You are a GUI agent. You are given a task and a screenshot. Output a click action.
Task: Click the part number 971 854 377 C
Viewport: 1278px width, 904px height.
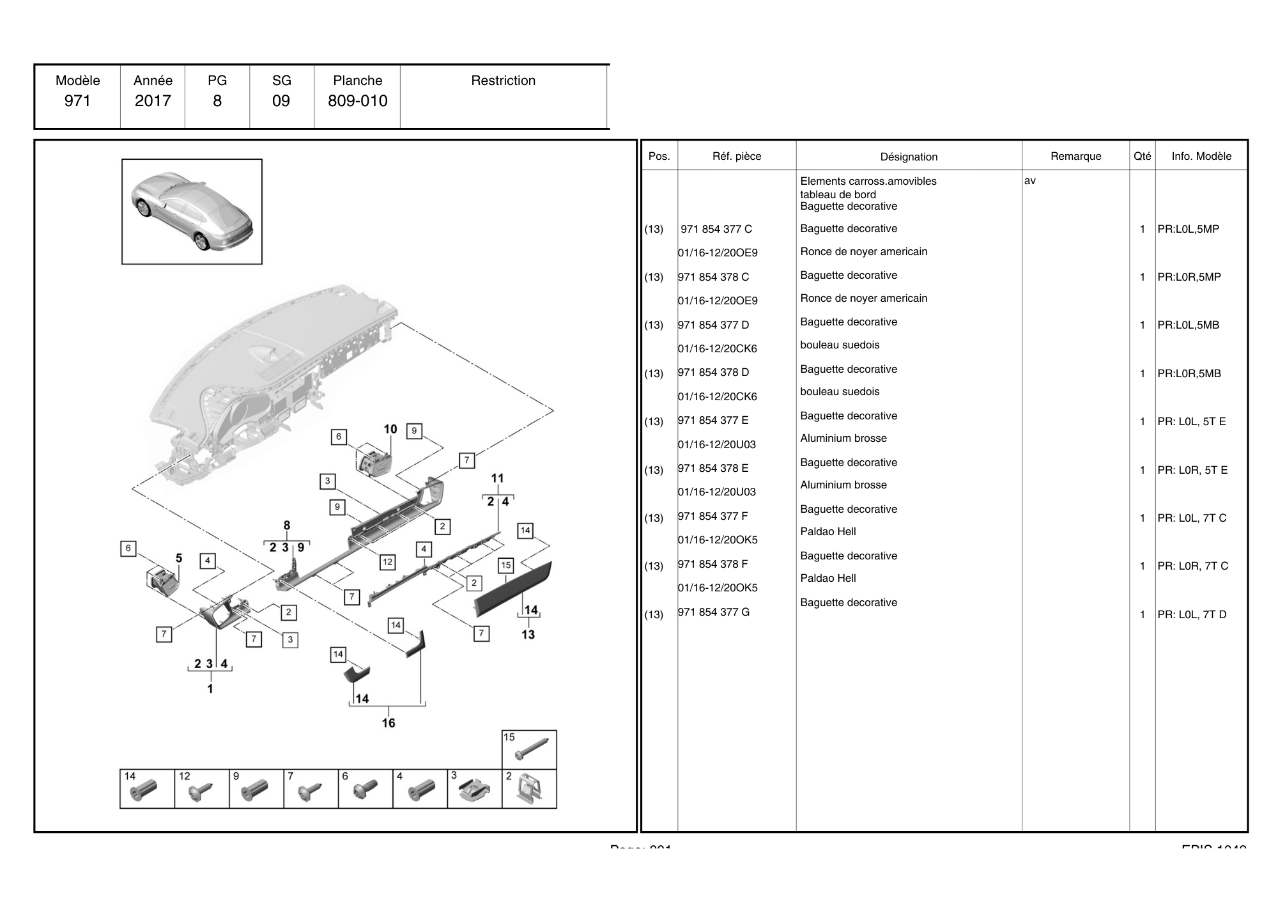coord(716,229)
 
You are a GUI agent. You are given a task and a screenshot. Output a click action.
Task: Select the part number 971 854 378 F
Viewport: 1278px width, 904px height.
coord(712,564)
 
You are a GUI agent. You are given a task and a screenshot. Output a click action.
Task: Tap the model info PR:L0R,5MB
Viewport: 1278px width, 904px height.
coord(1189,373)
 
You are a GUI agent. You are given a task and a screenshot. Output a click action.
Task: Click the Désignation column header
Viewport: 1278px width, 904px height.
coord(909,157)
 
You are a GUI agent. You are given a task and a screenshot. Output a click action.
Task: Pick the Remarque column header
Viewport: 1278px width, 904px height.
coord(1075,156)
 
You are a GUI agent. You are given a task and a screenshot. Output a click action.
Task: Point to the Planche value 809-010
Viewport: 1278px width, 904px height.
coord(357,100)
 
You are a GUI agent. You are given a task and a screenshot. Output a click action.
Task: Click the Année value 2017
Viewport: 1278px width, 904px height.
coord(153,100)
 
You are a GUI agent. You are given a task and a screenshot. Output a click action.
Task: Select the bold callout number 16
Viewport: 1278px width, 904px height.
coord(389,723)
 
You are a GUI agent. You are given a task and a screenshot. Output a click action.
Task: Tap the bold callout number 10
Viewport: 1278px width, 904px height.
coord(390,430)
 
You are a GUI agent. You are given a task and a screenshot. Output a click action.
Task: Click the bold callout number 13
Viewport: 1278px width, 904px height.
coord(528,634)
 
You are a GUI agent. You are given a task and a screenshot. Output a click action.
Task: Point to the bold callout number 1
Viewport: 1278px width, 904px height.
coord(210,689)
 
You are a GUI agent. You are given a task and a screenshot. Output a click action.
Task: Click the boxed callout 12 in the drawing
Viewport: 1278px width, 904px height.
coord(387,562)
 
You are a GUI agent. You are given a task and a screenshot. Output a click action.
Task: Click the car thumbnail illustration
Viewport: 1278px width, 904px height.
coord(192,211)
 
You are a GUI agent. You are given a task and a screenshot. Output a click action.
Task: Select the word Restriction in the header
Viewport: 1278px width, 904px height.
coord(503,81)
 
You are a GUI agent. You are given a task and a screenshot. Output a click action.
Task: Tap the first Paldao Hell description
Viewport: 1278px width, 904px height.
coord(828,531)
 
